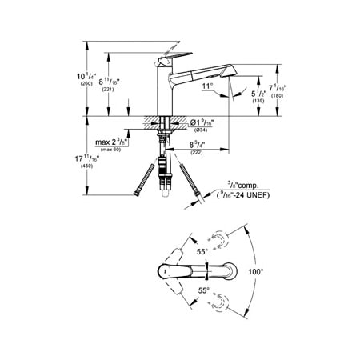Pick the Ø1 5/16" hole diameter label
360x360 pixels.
click(x=198, y=124)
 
